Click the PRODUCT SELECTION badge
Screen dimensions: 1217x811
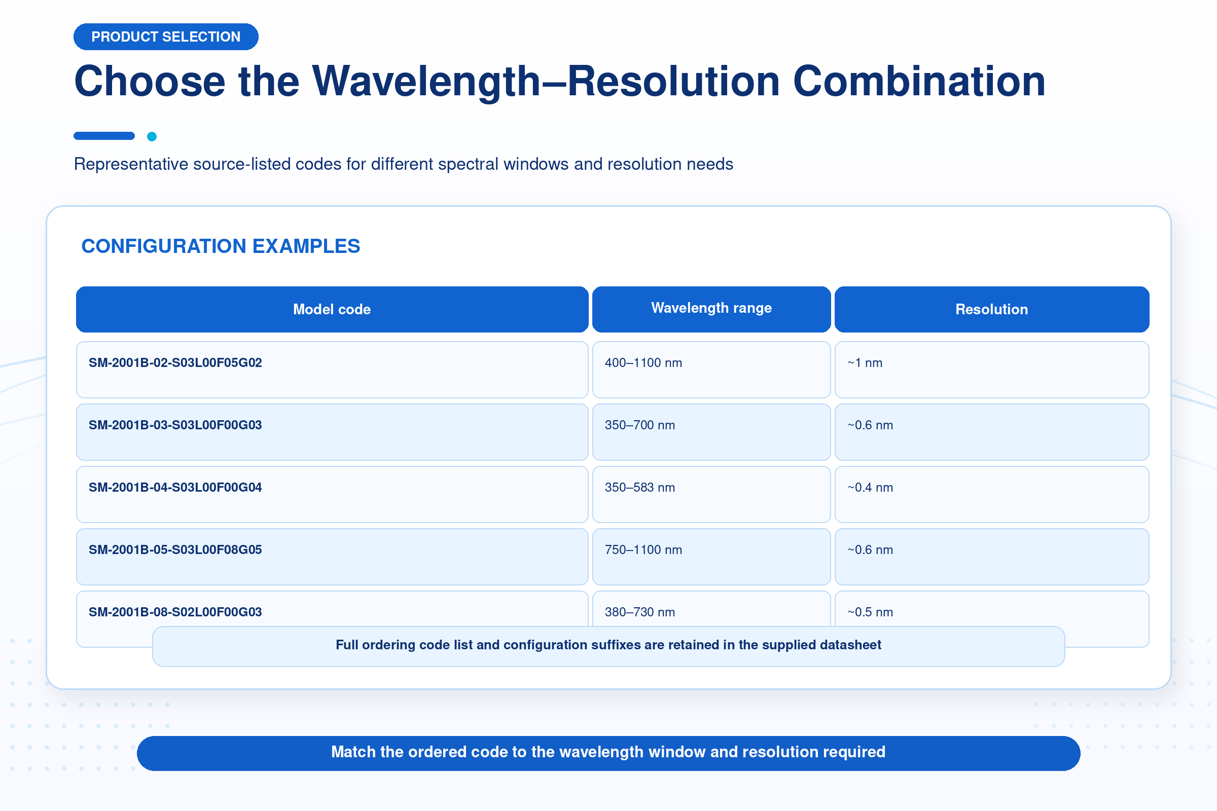point(166,36)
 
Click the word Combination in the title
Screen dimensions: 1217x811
point(919,81)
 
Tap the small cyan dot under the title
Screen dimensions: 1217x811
point(152,136)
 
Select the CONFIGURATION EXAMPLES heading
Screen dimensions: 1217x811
point(221,246)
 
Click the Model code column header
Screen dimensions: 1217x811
point(332,309)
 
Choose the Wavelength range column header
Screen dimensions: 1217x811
point(711,309)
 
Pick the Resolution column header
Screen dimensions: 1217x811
point(992,309)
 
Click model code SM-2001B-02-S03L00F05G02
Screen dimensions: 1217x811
point(175,362)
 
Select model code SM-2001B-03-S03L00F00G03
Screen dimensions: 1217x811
point(175,425)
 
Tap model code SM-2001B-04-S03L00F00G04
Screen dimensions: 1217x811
point(175,487)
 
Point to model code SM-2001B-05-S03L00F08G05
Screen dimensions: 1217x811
point(175,550)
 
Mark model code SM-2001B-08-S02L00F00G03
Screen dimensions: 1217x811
point(175,612)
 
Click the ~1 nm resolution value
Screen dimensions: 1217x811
point(865,363)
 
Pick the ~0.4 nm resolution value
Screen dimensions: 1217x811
point(870,488)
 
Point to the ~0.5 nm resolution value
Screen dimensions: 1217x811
point(870,612)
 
